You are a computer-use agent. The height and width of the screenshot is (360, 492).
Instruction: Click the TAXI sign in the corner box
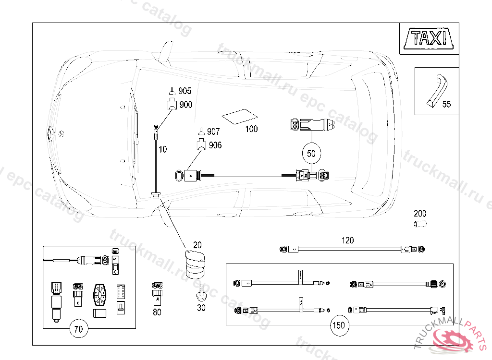click(x=429, y=38)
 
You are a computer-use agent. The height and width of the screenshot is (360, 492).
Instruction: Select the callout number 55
click(x=446, y=104)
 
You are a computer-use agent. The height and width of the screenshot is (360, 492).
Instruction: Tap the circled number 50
click(x=311, y=154)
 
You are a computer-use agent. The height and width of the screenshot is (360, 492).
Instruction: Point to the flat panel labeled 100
click(x=239, y=117)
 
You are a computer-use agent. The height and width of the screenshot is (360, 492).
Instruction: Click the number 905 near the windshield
click(x=185, y=91)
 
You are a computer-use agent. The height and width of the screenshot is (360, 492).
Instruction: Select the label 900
click(x=185, y=105)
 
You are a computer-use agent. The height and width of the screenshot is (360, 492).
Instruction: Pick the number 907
click(x=213, y=132)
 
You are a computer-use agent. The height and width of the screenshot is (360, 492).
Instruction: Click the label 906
click(x=215, y=145)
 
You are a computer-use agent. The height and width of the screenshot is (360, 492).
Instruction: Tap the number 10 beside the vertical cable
click(x=163, y=149)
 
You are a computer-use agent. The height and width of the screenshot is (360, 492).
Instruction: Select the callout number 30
click(x=201, y=308)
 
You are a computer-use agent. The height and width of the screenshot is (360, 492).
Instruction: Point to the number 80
click(x=157, y=312)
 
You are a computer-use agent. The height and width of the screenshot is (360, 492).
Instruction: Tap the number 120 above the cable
click(x=347, y=240)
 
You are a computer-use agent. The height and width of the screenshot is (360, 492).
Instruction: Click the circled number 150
click(x=338, y=325)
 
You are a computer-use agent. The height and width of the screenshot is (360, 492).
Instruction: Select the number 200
click(x=420, y=214)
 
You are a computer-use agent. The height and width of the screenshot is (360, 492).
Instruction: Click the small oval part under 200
click(x=420, y=224)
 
